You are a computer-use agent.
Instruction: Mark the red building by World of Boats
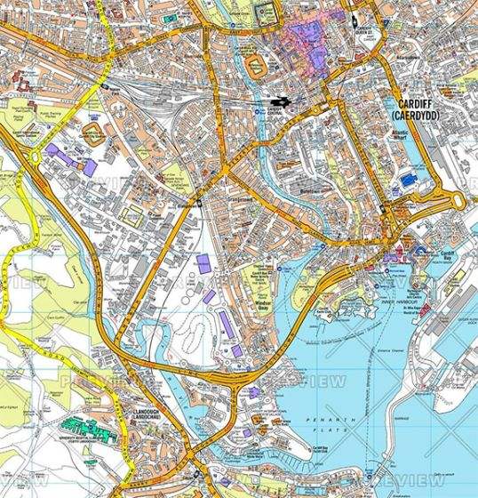click(425, 311)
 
